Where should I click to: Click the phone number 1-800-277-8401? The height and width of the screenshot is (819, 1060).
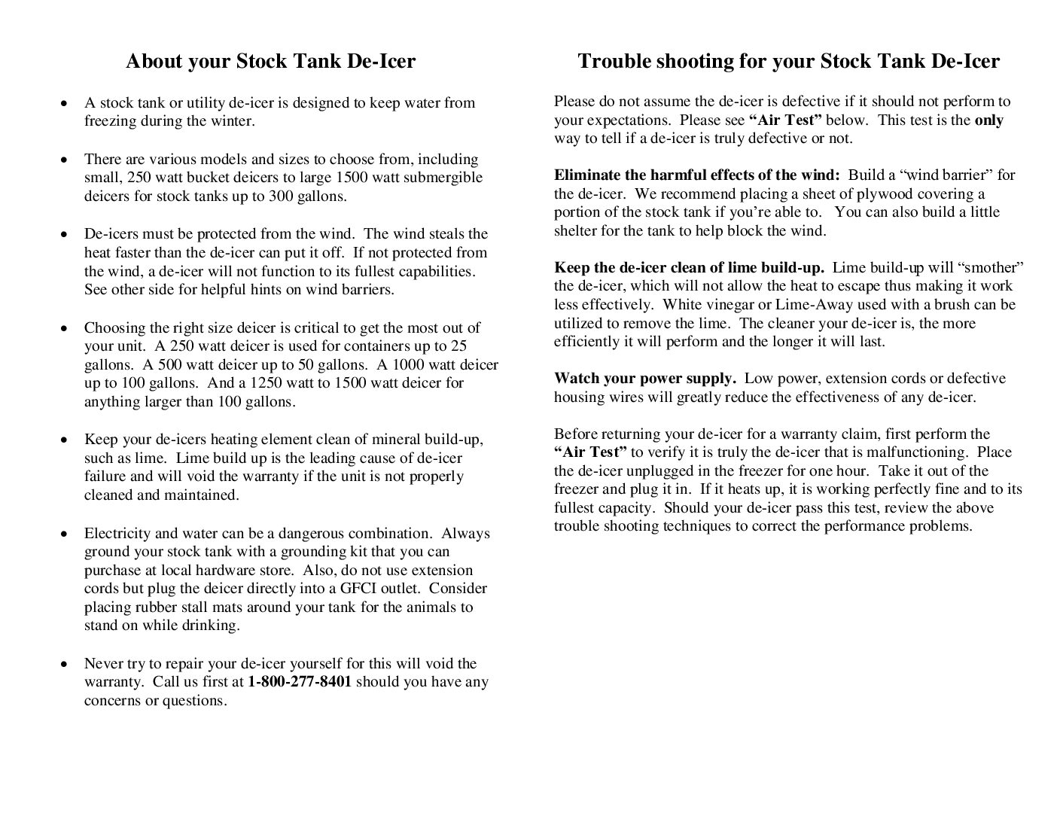[299, 682]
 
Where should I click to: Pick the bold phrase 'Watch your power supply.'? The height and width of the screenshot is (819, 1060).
[644, 379]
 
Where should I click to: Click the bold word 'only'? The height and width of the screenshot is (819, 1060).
[988, 120]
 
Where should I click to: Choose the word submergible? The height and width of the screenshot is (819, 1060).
[443, 178]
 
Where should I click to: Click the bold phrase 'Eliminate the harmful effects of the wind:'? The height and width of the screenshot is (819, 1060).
[696, 175]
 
